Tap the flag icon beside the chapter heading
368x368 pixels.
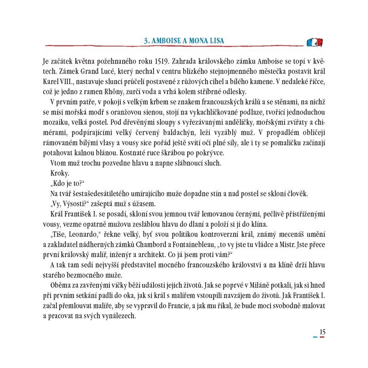pos(315,42)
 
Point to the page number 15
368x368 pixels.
pos(322,330)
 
